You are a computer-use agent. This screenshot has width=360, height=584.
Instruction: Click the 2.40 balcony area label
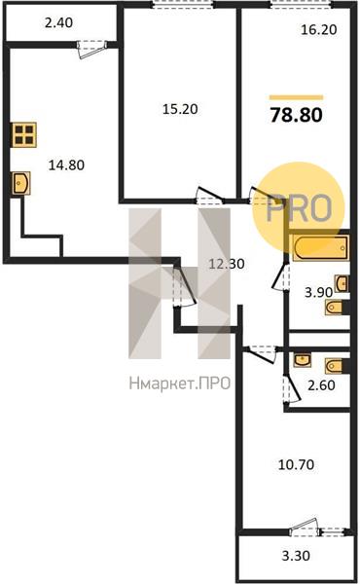point(58,23)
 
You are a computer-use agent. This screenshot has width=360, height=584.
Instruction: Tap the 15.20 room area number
point(180,109)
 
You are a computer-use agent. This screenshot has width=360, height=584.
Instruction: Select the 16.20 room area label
point(319,29)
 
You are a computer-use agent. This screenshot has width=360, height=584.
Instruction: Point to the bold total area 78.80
point(297,115)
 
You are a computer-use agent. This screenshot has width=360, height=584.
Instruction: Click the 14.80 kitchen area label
point(66,164)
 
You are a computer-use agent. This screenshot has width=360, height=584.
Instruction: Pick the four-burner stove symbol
point(24,134)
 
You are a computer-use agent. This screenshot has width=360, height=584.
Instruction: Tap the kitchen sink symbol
point(20,183)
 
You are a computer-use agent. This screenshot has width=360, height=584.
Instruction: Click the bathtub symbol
point(321,247)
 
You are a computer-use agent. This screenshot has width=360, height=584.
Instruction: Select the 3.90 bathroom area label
point(319,293)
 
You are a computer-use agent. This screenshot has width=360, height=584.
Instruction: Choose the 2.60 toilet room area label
point(322,385)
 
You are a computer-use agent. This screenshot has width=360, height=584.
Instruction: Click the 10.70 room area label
point(297,465)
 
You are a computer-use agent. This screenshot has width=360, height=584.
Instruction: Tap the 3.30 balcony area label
point(296,556)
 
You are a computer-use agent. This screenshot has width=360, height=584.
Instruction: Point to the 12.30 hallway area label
point(227,264)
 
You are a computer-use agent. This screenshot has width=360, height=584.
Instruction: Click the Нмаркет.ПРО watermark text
point(180,383)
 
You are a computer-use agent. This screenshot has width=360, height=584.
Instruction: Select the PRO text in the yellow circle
point(300,208)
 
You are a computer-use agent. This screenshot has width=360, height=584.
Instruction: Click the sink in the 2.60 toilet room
point(302,360)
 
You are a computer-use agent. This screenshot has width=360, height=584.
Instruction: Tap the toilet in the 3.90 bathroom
point(335,308)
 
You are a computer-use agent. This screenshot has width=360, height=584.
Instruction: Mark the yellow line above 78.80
point(297,97)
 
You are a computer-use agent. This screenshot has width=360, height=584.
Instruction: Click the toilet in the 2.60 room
point(336,366)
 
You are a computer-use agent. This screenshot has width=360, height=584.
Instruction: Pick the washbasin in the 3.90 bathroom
point(342,284)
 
